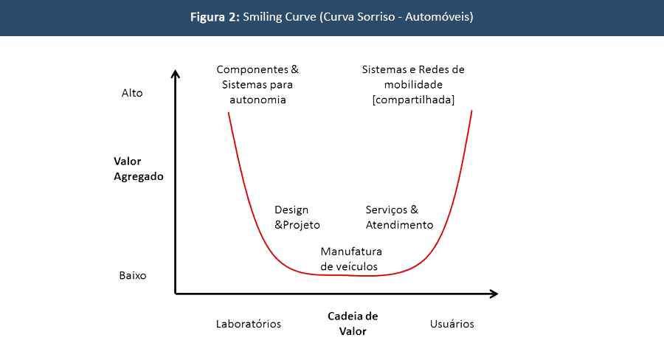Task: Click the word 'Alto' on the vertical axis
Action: point(132,94)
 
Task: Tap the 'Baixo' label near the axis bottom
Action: point(133,276)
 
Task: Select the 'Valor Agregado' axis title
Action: point(139,169)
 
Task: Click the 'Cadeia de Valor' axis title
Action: point(353,324)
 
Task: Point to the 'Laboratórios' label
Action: point(249,324)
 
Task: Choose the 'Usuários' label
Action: point(452,324)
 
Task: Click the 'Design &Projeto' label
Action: point(297,218)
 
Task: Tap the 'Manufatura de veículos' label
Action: point(350,259)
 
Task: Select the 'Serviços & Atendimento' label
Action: point(399,218)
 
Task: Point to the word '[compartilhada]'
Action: point(413,100)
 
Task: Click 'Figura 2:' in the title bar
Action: point(214,16)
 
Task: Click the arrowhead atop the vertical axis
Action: point(175,73)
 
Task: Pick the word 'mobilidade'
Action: point(413,85)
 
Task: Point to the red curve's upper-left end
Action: point(229,113)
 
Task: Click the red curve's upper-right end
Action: point(471,111)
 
